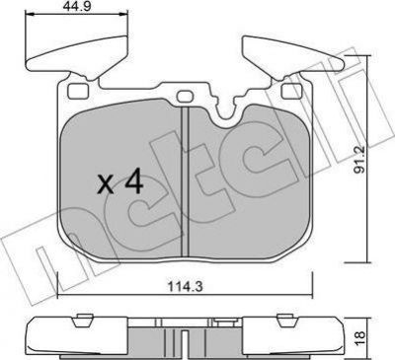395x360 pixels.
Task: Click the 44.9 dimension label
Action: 77,7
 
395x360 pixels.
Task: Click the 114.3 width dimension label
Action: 186,287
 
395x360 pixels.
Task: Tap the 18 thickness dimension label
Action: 360,337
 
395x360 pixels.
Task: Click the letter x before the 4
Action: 106,184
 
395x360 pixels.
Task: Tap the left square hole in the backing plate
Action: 78,91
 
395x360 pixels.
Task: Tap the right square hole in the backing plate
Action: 292,91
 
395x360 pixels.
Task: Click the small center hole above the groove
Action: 185,97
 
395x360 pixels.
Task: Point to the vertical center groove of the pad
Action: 185,180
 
